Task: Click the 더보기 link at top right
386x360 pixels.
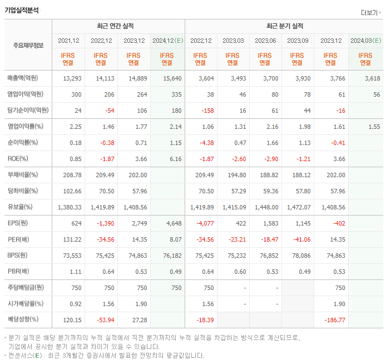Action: [x=370, y=13]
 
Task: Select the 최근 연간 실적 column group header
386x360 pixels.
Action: [x=118, y=26]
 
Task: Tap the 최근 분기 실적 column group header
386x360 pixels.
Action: [x=284, y=26]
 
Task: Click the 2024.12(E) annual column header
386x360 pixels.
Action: [x=167, y=41]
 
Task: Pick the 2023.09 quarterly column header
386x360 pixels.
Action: [x=298, y=41]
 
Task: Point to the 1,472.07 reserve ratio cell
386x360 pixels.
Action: [x=298, y=207]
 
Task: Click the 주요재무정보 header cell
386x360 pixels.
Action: [x=28, y=46]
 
